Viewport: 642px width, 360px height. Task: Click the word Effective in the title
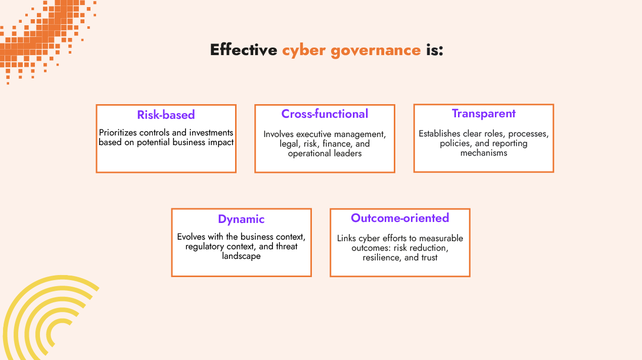click(243, 50)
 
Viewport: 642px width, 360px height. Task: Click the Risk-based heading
click(166, 115)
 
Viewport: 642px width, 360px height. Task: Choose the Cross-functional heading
click(325, 114)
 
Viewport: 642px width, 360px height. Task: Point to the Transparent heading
click(483, 113)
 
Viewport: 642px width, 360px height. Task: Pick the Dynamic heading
click(241, 219)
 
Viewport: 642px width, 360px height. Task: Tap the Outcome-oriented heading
click(400, 218)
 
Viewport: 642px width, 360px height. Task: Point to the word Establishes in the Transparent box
click(439, 133)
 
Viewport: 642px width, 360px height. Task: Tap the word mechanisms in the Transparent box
click(483, 153)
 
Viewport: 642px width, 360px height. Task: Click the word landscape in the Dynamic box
click(241, 256)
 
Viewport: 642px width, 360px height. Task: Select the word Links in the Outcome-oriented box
click(347, 238)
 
